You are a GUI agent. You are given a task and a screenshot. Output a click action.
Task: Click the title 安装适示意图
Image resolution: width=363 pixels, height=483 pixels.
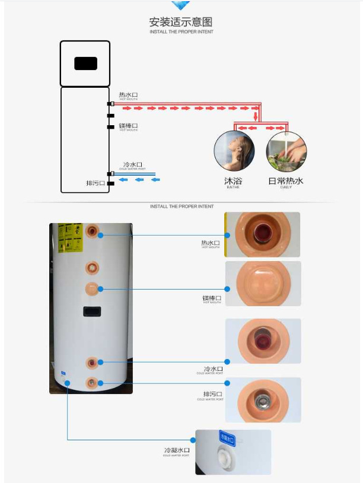(x=181, y=22)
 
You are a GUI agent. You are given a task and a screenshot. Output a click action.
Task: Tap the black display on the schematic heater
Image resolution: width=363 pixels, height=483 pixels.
(x=85, y=63)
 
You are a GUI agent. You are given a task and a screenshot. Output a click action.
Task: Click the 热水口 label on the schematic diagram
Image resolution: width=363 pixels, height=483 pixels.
(x=128, y=95)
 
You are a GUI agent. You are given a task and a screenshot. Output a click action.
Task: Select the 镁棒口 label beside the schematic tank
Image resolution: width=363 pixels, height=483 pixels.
(x=128, y=126)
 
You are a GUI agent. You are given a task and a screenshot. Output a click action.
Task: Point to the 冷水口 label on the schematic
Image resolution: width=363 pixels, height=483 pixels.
(x=133, y=164)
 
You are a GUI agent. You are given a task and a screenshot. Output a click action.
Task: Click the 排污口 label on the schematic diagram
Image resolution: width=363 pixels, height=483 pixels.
(x=95, y=183)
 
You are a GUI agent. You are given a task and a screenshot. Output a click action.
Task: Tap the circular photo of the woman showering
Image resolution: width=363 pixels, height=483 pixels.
(x=234, y=151)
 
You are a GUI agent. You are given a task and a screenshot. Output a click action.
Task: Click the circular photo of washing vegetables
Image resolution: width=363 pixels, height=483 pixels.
(x=286, y=151)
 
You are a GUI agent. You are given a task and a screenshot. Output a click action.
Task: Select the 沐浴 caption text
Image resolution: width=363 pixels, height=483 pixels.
(x=233, y=180)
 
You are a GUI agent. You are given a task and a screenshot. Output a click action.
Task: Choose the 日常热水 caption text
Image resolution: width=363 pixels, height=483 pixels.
(x=286, y=180)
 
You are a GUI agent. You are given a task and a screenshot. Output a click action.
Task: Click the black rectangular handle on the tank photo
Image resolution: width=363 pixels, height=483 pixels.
(x=92, y=311)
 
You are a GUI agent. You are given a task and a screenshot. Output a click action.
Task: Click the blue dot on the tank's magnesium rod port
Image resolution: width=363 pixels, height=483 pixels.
(x=101, y=289)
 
